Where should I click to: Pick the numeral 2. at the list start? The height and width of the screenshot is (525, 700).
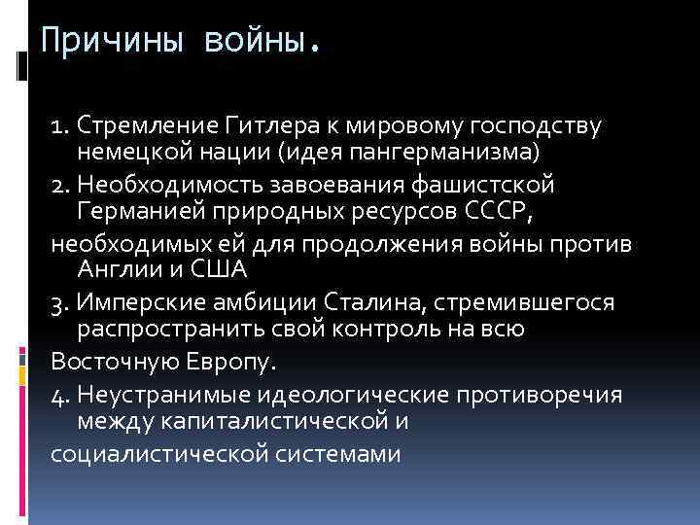[x=59, y=184]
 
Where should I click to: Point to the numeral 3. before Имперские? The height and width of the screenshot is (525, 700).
[x=59, y=302]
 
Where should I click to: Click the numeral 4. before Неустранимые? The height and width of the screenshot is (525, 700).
[x=59, y=394]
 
